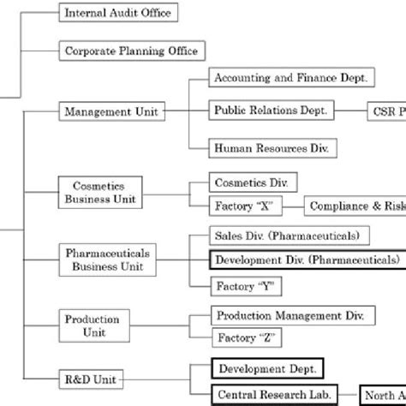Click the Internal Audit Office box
118,14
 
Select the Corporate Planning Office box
131,51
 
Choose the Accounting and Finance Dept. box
291,78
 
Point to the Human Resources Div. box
273,148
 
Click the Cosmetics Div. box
254,183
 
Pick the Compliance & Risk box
355,206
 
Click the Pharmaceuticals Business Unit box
108,260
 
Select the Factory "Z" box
245,338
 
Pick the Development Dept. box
267,369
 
